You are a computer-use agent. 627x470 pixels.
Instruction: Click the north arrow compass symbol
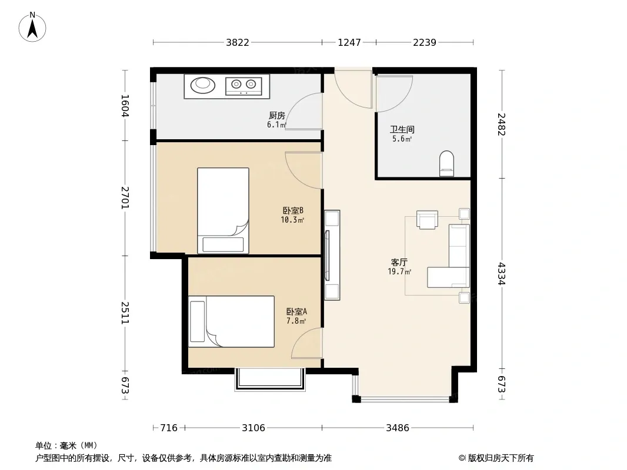pos(32,27)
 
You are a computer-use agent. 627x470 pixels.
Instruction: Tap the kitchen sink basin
pos(203,85)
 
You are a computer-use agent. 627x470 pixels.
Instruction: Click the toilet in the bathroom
pos(446,163)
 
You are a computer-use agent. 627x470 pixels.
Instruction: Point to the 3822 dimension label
pos(238,42)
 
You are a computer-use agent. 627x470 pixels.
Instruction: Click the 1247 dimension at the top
pos(349,42)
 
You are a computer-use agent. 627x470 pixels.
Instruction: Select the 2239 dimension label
pos(425,42)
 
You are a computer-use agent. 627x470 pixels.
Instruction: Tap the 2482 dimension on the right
pos(502,124)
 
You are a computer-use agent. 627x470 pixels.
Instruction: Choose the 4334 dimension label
pos(502,274)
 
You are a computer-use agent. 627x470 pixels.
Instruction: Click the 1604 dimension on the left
pos(125,105)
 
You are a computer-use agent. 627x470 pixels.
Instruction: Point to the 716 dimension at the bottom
pos(169,428)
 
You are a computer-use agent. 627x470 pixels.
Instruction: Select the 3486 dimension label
pos(398,428)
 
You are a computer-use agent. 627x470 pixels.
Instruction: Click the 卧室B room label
pos(293,210)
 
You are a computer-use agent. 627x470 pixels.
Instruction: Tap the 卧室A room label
pos(296,311)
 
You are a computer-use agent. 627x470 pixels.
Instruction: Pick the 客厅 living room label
pos(399,263)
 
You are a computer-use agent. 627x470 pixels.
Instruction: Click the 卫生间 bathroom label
pos(402,129)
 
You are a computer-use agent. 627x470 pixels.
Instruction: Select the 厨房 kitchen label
pos(276,115)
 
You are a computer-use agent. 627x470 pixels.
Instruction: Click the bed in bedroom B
pos(223,210)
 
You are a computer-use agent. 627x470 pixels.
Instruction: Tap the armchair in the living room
pos(427,220)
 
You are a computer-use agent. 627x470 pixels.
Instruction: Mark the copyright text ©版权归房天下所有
pos(496,458)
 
